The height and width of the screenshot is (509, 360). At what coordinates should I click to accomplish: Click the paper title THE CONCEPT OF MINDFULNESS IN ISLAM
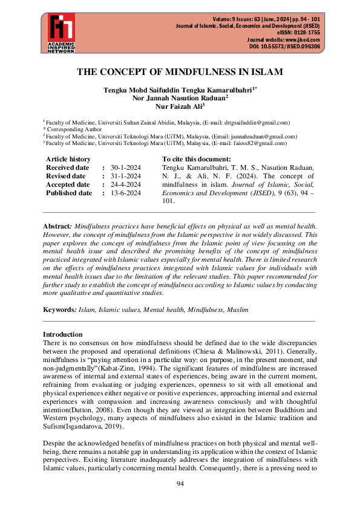[x=180, y=72]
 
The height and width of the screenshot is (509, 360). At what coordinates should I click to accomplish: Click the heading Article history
[x=68, y=159]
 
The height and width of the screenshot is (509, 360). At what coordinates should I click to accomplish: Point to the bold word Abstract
[x=57, y=225]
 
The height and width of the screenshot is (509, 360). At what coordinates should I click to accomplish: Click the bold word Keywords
[x=59, y=309]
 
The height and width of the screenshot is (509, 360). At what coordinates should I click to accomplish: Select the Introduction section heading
[x=63, y=334]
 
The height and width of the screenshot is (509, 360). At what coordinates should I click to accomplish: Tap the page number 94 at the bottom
[x=180, y=484]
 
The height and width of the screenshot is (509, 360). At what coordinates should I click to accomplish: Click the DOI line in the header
[x=284, y=47]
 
